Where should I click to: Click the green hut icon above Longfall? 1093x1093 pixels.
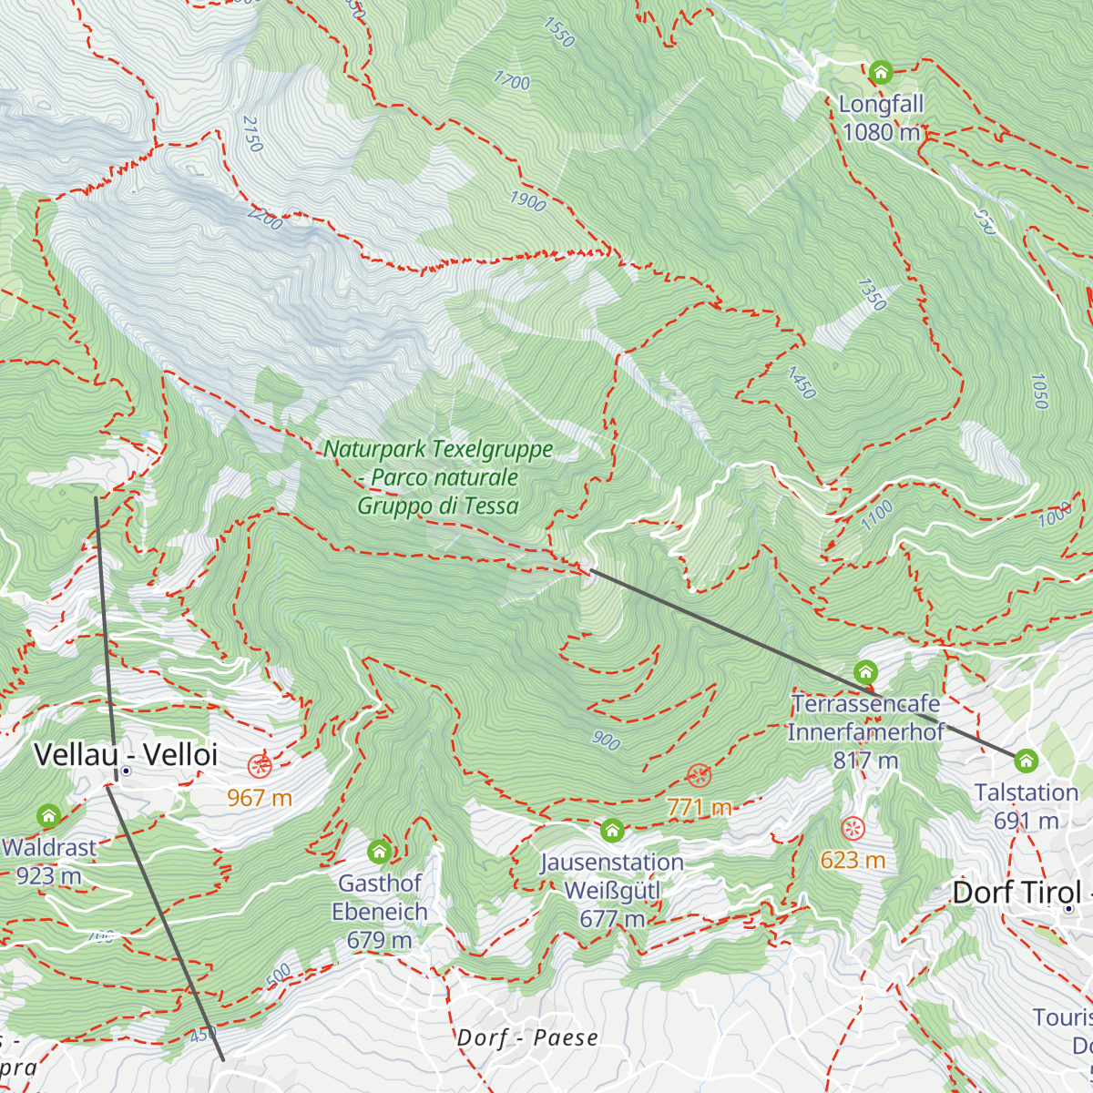tap(880, 72)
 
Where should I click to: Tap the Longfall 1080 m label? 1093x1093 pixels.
tap(881, 118)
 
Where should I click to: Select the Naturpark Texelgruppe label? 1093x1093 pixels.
tap(438, 477)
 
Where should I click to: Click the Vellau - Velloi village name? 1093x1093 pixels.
tap(126, 754)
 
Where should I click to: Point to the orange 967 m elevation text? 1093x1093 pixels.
tap(260, 799)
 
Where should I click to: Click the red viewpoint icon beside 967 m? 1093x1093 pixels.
tap(260, 765)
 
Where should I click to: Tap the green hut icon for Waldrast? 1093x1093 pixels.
tap(48, 815)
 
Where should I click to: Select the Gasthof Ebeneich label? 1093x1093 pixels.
tap(380, 911)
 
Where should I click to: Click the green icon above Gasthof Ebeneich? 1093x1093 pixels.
tap(380, 853)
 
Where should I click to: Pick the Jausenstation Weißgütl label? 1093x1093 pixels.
tap(611, 890)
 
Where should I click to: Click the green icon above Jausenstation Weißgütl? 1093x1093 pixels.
tap(612, 831)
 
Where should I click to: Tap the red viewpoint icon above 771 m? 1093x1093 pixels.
tap(699, 776)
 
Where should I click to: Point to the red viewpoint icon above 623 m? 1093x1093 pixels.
tap(853, 829)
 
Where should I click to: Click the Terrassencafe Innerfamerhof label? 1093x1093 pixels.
tap(865, 731)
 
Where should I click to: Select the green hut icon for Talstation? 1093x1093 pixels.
tap(1027, 761)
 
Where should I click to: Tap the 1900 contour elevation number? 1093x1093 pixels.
tap(527, 200)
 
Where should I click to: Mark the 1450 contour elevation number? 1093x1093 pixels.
tap(801, 383)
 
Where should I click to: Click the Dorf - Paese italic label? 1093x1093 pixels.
tap(527, 1037)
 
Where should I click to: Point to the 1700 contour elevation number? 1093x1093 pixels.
tap(511, 80)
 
